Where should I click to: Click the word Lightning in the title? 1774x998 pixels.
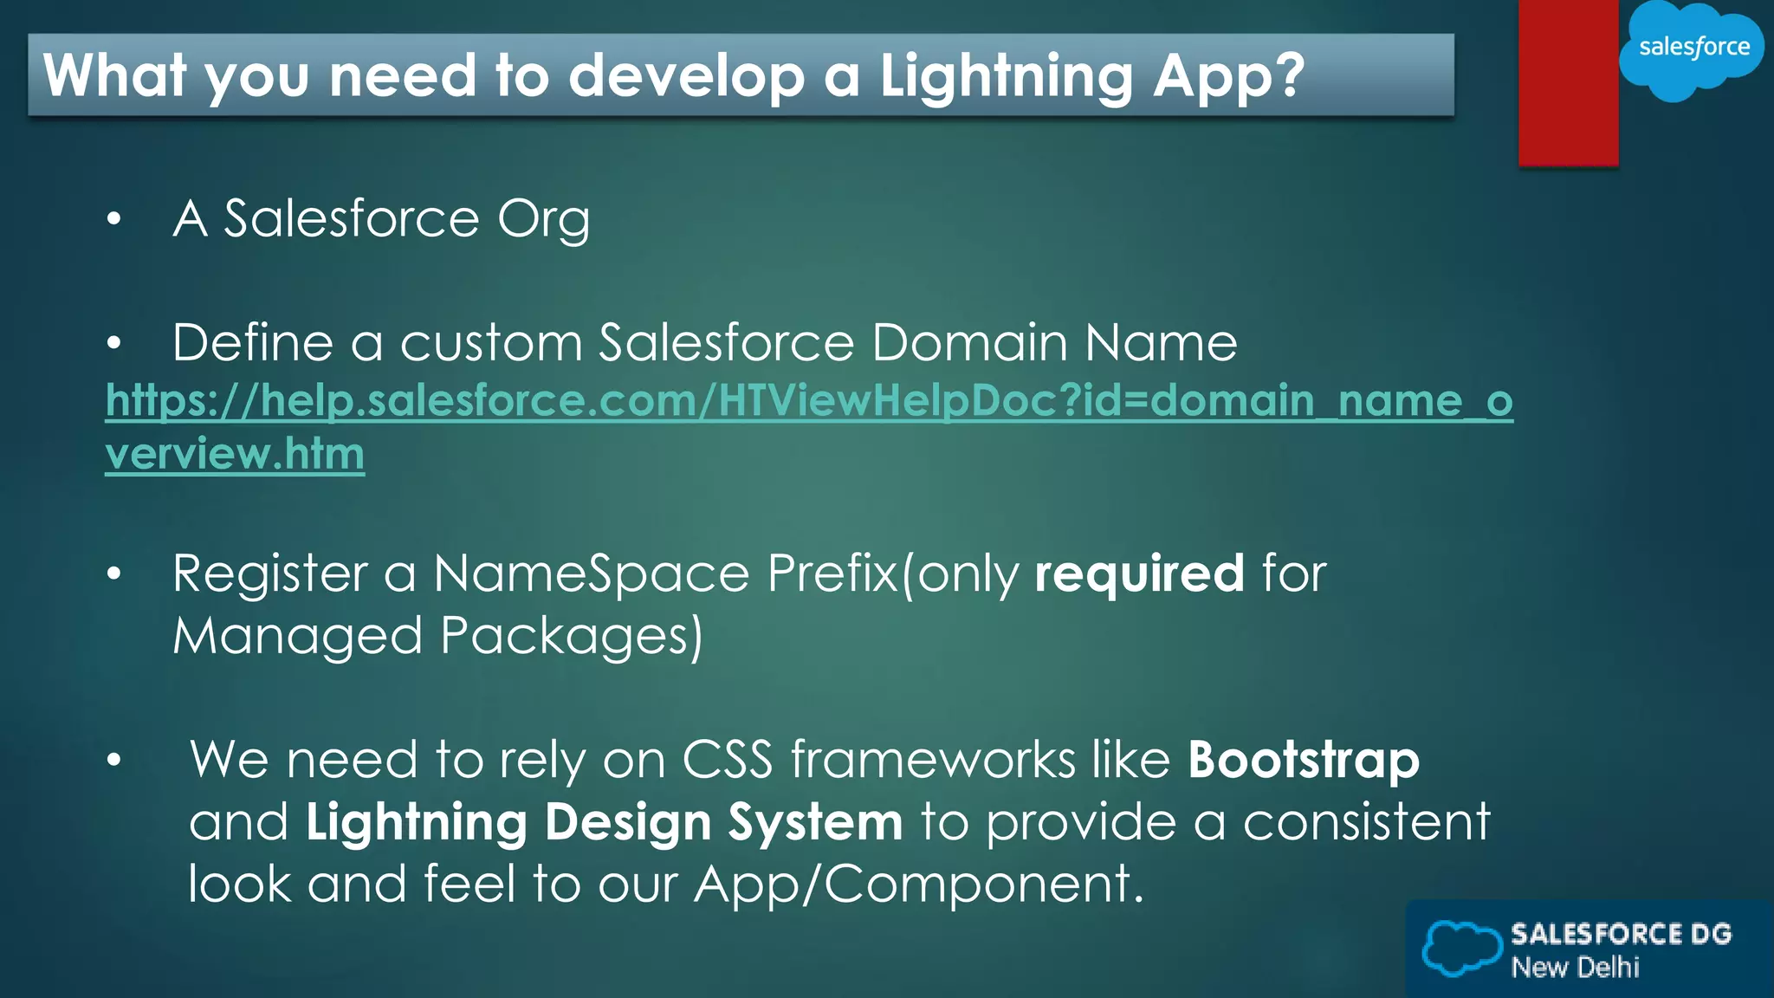click(1006, 76)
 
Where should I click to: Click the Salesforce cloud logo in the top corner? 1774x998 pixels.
click(1692, 49)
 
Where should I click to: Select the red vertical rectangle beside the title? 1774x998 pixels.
click(1568, 82)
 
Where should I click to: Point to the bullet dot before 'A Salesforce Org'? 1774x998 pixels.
click(114, 220)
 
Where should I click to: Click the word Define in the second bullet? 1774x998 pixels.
click(252, 343)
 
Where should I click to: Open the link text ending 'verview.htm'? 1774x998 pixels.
click(235, 454)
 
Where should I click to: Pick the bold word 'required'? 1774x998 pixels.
click(1139, 574)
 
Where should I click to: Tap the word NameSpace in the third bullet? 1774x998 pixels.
click(591, 574)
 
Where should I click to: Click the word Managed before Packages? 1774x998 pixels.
click(297, 637)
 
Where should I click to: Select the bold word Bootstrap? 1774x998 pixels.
click(1303, 761)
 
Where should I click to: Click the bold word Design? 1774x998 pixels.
click(628, 822)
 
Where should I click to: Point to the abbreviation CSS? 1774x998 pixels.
click(727, 761)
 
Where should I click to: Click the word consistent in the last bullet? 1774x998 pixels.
click(1366, 822)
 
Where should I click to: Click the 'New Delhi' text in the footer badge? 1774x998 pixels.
click(1575, 968)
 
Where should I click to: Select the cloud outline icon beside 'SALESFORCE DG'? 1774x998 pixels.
click(1460, 949)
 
